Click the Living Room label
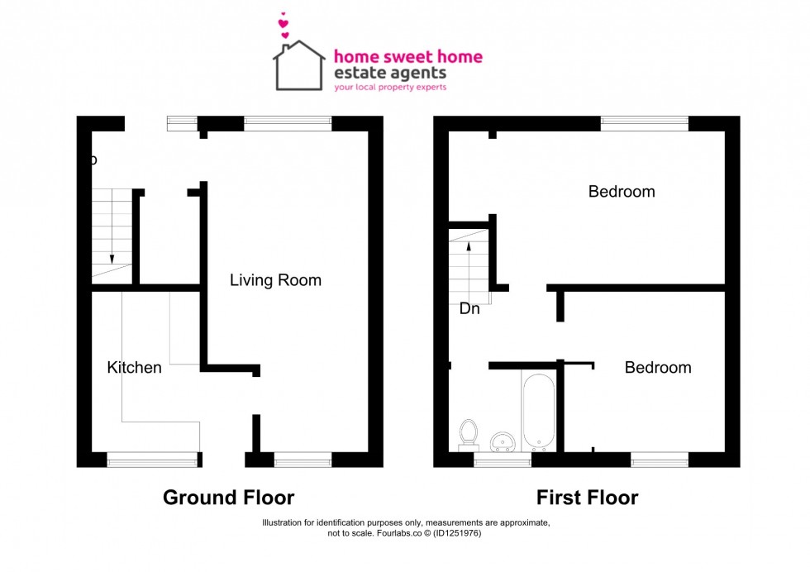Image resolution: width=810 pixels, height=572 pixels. click(x=275, y=280)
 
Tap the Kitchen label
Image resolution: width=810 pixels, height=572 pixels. click(x=134, y=367)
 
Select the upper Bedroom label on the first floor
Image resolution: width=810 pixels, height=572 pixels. click(x=621, y=192)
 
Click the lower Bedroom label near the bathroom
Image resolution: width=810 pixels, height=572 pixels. click(x=657, y=367)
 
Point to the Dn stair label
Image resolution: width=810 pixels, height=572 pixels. click(x=469, y=309)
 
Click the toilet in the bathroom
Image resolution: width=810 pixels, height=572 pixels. click(x=469, y=432)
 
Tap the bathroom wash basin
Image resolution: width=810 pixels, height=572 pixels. click(x=502, y=439)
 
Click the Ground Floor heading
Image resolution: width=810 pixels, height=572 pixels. click(x=228, y=498)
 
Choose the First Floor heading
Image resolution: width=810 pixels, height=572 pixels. click(x=587, y=498)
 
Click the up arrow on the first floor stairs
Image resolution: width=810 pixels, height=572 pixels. click(x=469, y=245)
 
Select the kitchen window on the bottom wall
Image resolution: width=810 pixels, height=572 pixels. click(x=153, y=460)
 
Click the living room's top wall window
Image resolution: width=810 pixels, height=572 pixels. click(x=288, y=123)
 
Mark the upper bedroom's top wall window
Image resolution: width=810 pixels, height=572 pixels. click(x=644, y=123)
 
